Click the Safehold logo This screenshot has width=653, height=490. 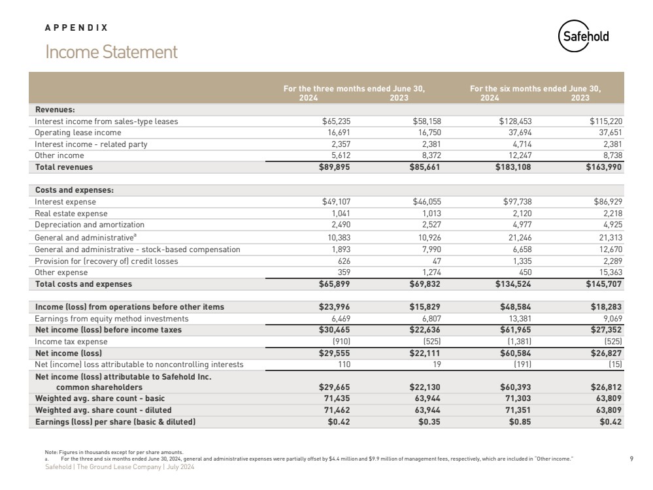(583, 37)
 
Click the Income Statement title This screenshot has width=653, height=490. (111, 52)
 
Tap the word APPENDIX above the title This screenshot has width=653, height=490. (76, 27)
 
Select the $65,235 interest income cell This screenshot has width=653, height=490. (339, 121)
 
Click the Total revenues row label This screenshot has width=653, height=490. (63, 167)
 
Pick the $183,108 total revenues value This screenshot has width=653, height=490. (514, 167)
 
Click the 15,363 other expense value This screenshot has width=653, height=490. (609, 272)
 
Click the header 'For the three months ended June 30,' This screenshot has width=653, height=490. (354, 89)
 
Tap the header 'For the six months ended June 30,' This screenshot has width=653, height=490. (535, 89)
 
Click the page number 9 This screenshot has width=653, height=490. (631, 458)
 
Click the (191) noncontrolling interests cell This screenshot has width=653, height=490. (524, 364)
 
